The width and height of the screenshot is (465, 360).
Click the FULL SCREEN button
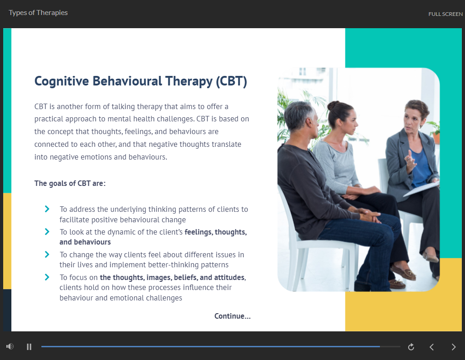(x=445, y=14)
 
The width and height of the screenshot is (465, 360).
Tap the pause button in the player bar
(x=29, y=347)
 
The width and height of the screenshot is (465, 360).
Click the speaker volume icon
(x=10, y=346)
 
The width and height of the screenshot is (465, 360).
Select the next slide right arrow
(x=454, y=347)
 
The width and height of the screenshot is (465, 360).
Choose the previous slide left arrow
(x=432, y=347)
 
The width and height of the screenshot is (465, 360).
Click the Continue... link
(x=232, y=316)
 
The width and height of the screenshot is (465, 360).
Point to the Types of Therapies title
(x=38, y=13)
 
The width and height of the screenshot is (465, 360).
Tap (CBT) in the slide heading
(x=231, y=81)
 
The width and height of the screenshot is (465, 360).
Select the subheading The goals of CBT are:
(x=70, y=183)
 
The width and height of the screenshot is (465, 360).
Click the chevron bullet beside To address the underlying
(x=47, y=209)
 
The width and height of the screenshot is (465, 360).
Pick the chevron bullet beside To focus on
(x=47, y=277)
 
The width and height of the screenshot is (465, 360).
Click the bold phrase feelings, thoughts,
(x=216, y=232)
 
